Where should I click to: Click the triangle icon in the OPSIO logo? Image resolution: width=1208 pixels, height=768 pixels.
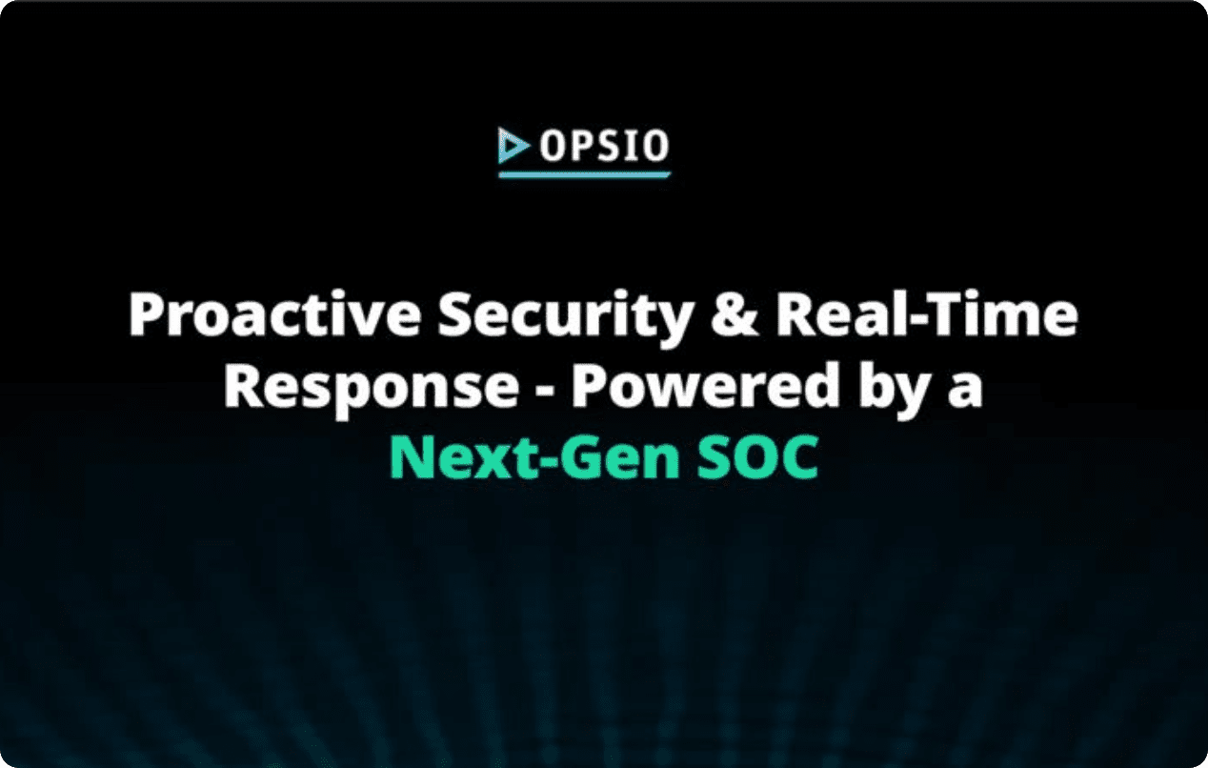pyautogui.click(x=513, y=146)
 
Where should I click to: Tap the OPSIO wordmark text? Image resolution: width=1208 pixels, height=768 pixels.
pyautogui.click(x=605, y=146)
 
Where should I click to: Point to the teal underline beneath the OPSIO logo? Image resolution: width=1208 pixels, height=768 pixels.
pyautogui.click(x=584, y=174)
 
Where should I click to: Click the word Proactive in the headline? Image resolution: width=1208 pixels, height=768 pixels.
pyautogui.click(x=274, y=315)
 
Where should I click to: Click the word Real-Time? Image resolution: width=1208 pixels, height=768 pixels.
pyautogui.click(x=927, y=315)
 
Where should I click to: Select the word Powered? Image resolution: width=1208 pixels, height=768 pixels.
pyautogui.click(x=704, y=386)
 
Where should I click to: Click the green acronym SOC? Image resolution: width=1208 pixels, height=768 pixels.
pyautogui.click(x=757, y=457)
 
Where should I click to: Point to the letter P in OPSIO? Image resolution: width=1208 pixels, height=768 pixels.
pyautogui.click(x=580, y=146)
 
